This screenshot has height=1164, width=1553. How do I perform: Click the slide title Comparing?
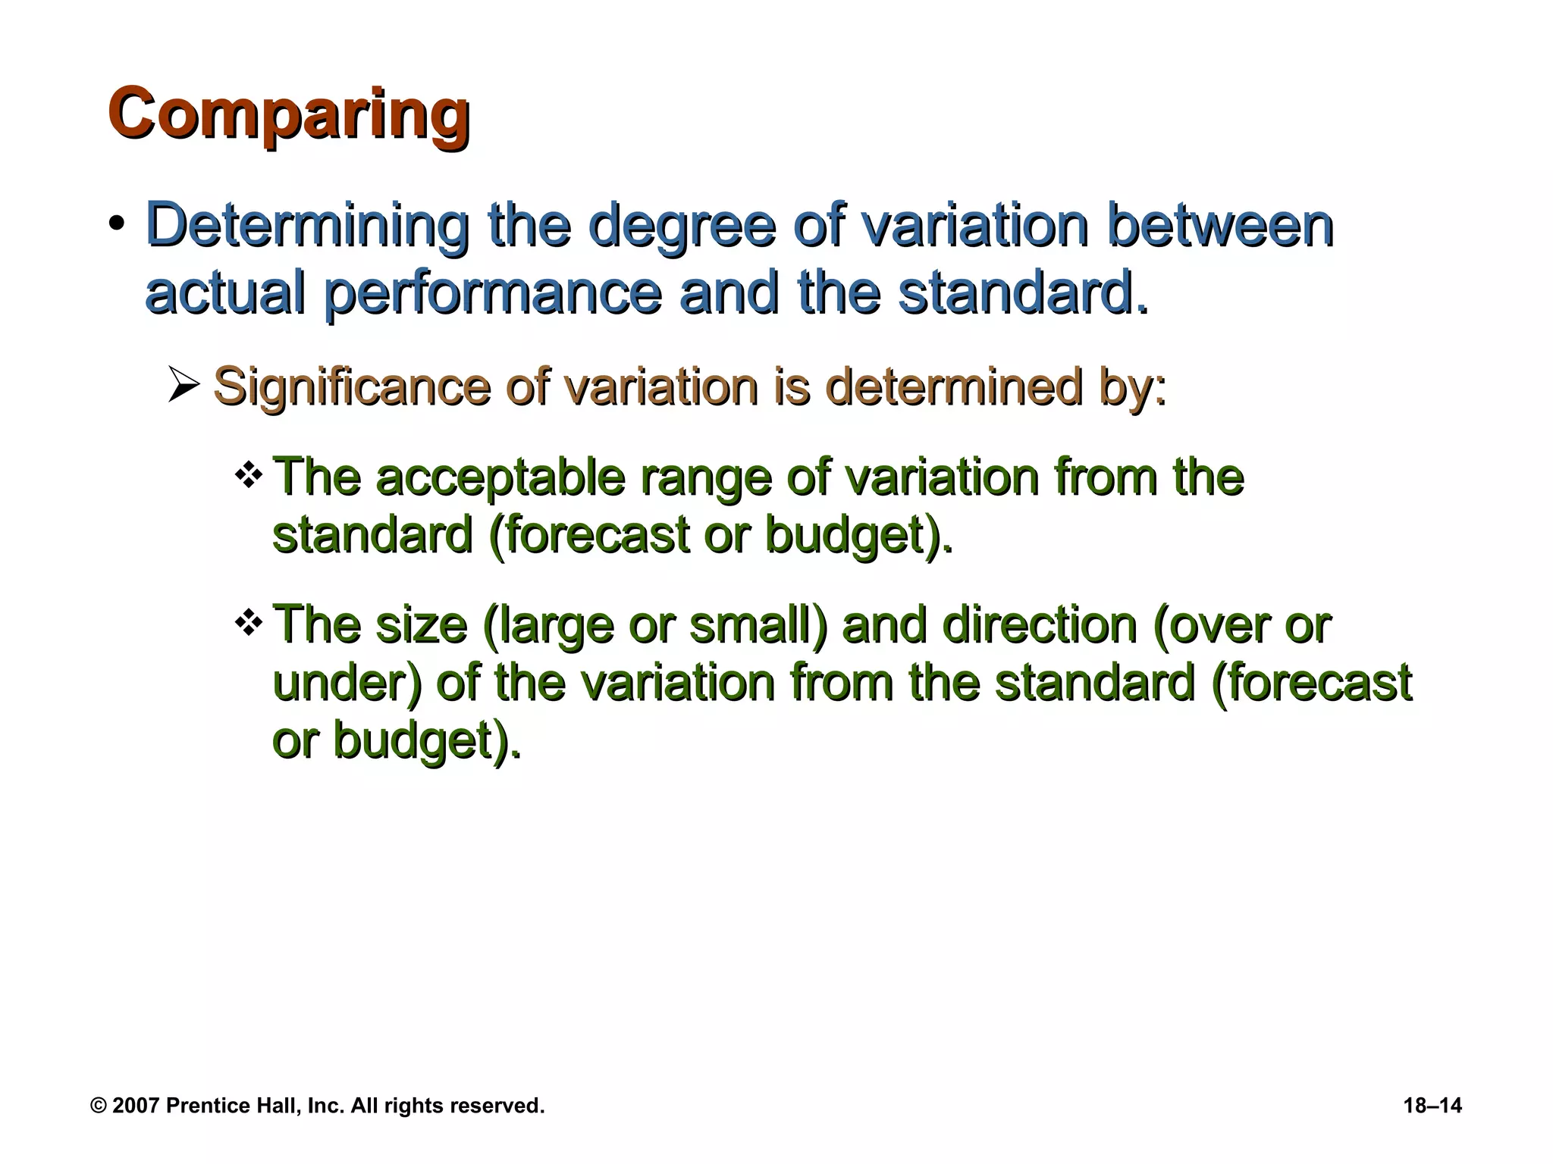point(288,115)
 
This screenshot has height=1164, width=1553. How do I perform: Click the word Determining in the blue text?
point(306,225)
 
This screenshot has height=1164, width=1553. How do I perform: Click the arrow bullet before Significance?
point(184,387)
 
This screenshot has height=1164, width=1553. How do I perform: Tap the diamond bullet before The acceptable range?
point(249,477)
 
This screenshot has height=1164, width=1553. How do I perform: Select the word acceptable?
point(500,477)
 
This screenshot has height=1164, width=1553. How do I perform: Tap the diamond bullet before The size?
point(249,624)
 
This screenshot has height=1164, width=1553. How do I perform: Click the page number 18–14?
point(1432,1106)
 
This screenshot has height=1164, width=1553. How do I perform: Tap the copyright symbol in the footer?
point(99,1106)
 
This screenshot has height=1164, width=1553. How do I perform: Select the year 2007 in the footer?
point(136,1106)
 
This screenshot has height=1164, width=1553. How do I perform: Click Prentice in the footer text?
point(199,1106)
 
